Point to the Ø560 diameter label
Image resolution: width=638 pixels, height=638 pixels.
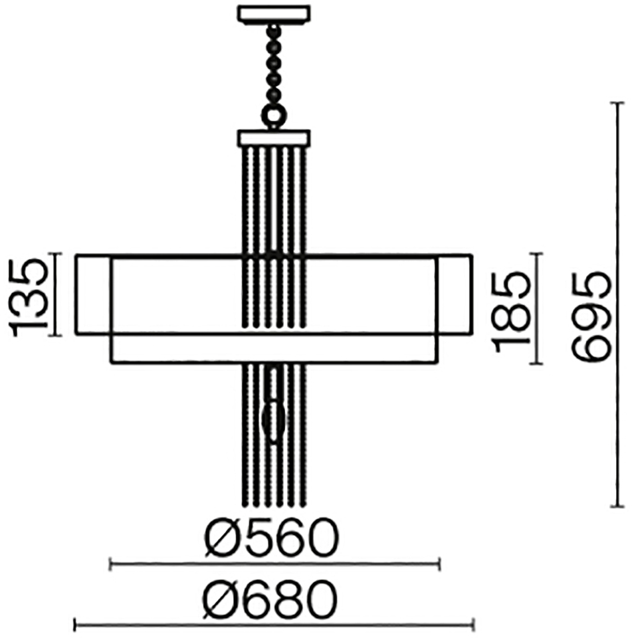pos(271,537)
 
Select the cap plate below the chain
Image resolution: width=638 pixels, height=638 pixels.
pos(273,138)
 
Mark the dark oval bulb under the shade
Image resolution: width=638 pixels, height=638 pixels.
pos(273,421)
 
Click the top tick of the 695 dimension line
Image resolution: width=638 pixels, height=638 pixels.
pos(618,104)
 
